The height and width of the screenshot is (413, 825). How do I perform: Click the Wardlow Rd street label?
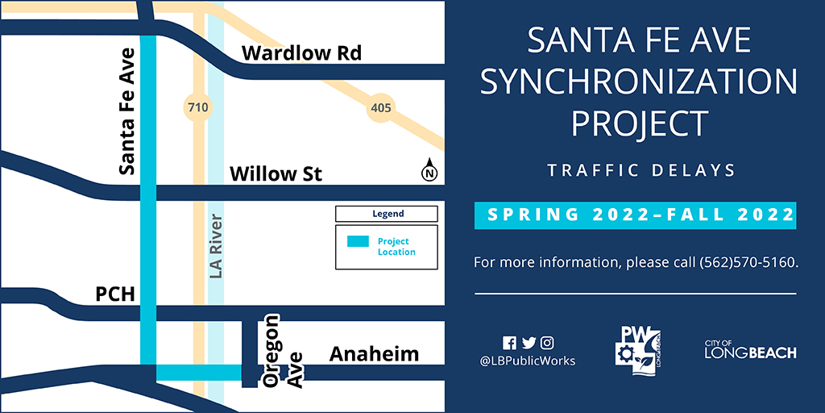point(301,53)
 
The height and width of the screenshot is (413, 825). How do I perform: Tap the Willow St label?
point(276,173)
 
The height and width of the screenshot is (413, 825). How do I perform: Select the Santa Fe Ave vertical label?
point(126,111)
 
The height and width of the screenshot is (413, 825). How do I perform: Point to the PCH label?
point(114,294)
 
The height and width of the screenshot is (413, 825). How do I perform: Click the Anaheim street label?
point(374,355)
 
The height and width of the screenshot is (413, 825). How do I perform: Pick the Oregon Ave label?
point(284,352)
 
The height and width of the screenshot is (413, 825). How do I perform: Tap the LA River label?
point(216,246)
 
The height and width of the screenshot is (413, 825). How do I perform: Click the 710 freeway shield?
point(198,109)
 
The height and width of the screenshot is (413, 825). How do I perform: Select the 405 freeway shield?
point(380,109)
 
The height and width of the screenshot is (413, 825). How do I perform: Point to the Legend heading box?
point(387,214)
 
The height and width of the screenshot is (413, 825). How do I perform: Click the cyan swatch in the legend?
point(358,242)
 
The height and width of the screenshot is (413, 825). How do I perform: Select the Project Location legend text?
point(396,247)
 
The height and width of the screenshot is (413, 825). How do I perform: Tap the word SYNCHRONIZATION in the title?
point(638,81)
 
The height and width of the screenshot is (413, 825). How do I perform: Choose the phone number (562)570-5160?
point(749,262)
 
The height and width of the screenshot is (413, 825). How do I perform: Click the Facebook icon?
point(509,343)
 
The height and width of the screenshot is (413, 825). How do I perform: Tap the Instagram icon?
point(547,343)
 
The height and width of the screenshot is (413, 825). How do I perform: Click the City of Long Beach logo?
point(750,350)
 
